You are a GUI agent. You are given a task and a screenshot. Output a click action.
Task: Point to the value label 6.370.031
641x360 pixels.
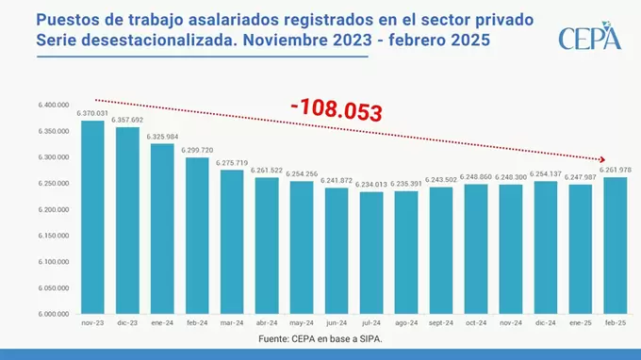coord(92,113)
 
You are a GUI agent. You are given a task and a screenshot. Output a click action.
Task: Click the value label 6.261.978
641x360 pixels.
coord(616,170)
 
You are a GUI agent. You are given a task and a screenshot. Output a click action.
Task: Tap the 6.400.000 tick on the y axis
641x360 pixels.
coord(55,105)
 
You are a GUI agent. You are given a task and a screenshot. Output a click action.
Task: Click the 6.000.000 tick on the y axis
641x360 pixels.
coord(55,313)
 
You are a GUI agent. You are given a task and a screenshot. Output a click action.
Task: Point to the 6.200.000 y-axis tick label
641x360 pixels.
coord(55,209)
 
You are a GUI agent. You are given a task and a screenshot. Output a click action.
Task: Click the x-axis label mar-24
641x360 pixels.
coord(232,322)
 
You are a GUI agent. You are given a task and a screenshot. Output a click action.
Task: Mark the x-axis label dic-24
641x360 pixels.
coord(546,322)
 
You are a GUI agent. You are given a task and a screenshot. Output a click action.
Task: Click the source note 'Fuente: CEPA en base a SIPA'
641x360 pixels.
coord(320,337)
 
